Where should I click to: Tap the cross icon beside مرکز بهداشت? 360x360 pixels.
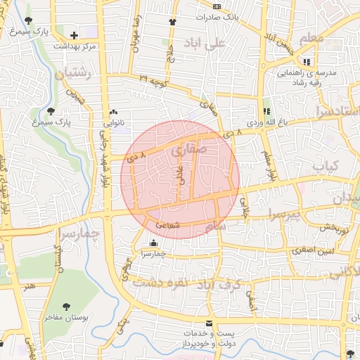pyautogui.click(x=75, y=34)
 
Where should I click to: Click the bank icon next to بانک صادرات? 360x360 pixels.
pyautogui.click(x=217, y=6)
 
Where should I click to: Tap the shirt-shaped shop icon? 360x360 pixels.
pyautogui.click(x=171, y=22)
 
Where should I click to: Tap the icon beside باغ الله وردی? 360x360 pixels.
pyautogui.click(x=266, y=111)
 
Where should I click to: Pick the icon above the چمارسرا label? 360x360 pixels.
pyautogui.click(x=154, y=243)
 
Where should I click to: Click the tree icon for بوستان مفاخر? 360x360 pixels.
pyautogui.click(x=67, y=307)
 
